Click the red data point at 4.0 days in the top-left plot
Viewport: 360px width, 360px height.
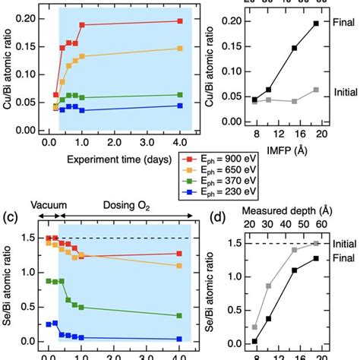[179, 21]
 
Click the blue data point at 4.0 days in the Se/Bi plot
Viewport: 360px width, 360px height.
[179, 339]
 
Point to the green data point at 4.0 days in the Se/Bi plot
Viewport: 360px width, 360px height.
[179, 315]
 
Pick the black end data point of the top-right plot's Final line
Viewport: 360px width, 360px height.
[316, 24]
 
